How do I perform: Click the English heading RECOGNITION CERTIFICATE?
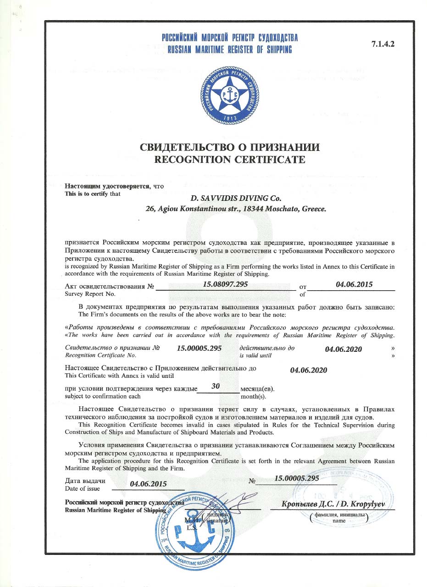229,160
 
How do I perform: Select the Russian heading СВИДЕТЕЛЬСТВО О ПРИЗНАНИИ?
229,147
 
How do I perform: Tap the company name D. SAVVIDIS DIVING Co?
234,198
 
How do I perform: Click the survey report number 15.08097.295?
225,284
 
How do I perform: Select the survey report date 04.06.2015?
354,284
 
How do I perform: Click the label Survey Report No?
90,294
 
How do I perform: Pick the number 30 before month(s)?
217,386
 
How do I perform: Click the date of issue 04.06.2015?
148,483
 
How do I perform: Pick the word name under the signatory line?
339,521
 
